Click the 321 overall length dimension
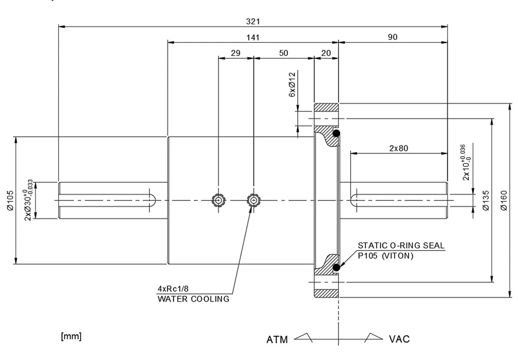[253, 21]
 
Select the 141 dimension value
[253, 37]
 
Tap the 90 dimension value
[393, 37]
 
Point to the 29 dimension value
[235, 53]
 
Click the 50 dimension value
[284, 53]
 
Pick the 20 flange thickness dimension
[326, 53]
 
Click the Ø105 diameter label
[10, 200]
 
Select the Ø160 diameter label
[504, 200]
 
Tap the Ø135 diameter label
[485, 200]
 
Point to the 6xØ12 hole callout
[292, 85]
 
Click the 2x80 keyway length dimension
[399, 148]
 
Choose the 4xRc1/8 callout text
[173, 288]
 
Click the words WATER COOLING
[194, 299]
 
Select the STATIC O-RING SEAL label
[401, 245]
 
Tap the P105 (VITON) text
[386, 255]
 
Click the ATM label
[277, 340]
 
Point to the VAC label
[399, 339]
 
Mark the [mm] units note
[71, 336]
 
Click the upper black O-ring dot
[336, 133]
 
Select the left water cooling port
[218, 200]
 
